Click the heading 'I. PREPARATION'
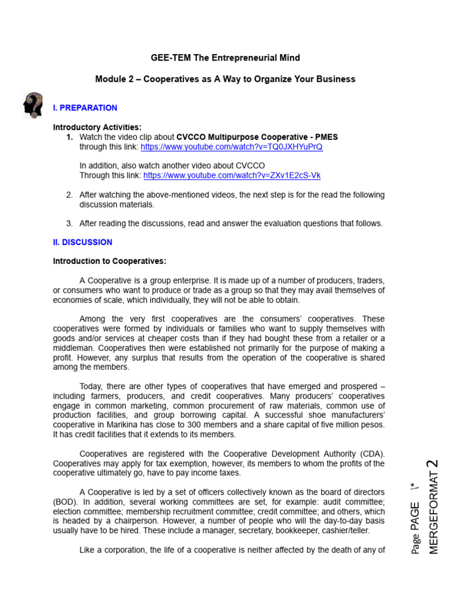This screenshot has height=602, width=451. pos(85,108)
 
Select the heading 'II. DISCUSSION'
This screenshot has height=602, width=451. pos(82,242)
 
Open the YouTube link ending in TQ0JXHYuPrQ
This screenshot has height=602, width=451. pos(231,147)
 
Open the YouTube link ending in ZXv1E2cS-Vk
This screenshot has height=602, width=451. pos(232,175)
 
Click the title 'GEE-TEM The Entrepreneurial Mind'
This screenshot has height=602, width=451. pos(225,58)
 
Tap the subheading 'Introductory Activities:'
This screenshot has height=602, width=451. pos(97,127)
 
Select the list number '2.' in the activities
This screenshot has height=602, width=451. pos(69,195)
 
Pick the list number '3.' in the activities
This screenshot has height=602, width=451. pos(69,223)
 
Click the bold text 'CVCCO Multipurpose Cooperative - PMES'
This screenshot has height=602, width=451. pos(257,137)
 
